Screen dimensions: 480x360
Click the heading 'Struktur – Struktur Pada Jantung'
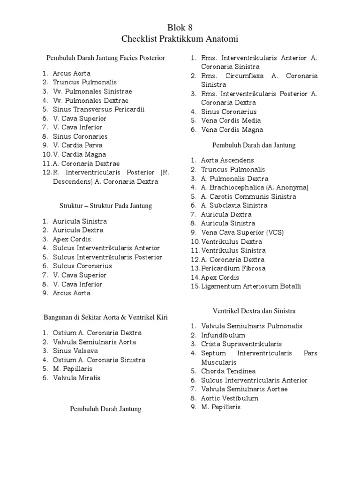point(106,206)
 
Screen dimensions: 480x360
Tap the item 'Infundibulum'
point(223,335)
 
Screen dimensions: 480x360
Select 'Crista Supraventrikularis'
point(241,344)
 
